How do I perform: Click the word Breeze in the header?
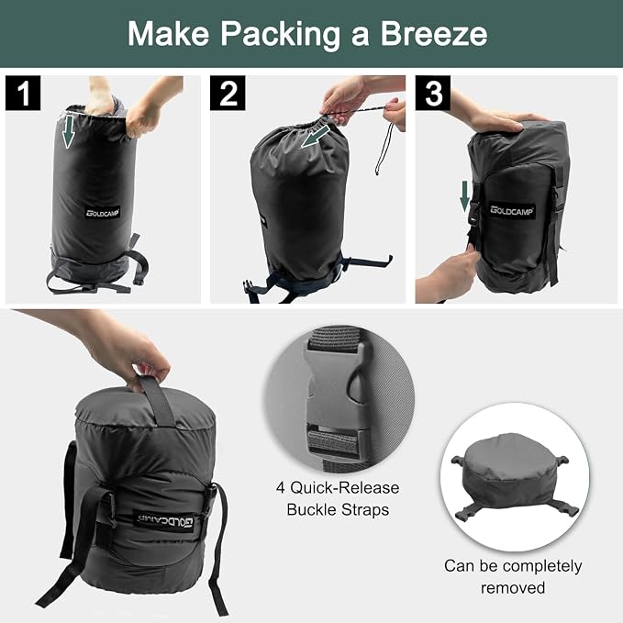pos(433,33)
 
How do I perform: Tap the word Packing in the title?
pos(280,35)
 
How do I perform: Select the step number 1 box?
pos(23,93)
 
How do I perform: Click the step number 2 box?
pos(228,93)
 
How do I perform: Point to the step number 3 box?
pos(433,93)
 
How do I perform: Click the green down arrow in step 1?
pos(68,131)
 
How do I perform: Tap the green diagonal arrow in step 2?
pos(316,137)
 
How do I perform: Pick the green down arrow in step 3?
pos(464,196)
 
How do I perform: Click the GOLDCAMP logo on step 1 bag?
pos(103,213)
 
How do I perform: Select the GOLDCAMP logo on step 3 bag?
pos(511,211)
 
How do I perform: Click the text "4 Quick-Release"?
pos(338,487)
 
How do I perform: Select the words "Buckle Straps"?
pos(338,510)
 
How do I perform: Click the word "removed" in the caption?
pos(513,587)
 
